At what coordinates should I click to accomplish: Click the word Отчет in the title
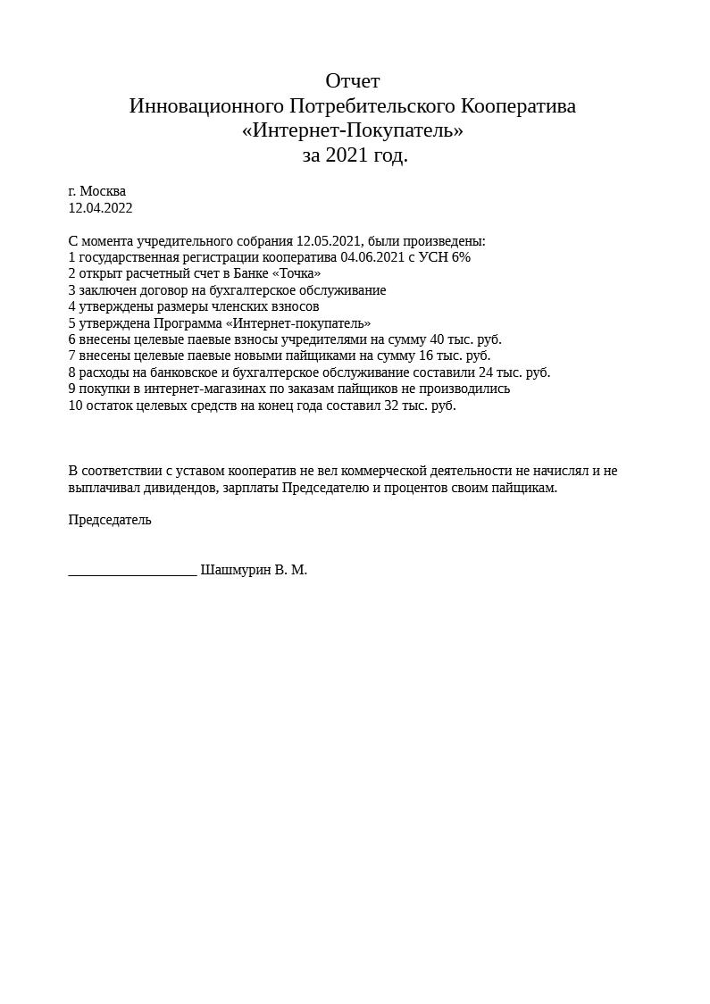[353, 81]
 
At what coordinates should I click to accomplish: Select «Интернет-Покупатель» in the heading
[353, 130]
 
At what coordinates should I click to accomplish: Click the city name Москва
[103, 191]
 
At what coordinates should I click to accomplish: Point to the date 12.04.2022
[100, 208]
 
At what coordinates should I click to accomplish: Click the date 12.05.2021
[328, 241]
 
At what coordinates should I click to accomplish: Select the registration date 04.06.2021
[372, 257]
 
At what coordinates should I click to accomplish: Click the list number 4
[71, 306]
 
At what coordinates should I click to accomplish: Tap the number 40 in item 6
[438, 339]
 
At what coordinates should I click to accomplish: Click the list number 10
[75, 406]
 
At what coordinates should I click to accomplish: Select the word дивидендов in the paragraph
[184, 488]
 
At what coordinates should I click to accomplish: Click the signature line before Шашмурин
[132, 573]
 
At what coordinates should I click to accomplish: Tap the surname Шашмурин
[235, 570]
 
